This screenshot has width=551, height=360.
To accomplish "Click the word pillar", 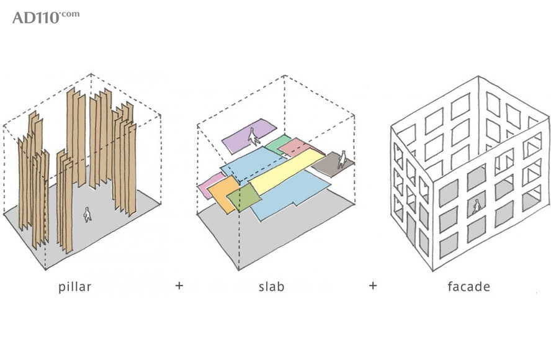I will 74,287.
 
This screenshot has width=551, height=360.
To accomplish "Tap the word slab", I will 271,287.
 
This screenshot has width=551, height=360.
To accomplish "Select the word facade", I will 468,287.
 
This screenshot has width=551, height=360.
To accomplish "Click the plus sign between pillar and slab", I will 179,286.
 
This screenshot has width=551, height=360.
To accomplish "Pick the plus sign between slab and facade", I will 372,286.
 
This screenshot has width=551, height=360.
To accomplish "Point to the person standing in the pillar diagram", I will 87,214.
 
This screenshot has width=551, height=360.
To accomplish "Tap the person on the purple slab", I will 253,135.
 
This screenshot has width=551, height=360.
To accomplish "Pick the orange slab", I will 222,188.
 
